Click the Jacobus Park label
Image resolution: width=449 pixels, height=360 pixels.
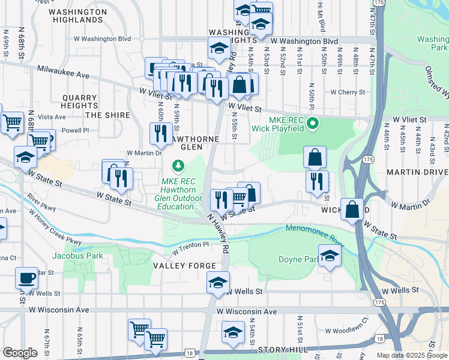(x=77, y=256)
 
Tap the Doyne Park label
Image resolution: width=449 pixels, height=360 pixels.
(x=297, y=260)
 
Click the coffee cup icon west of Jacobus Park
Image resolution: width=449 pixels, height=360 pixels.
(x=26, y=278)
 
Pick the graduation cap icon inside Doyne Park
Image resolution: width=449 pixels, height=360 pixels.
(x=330, y=256)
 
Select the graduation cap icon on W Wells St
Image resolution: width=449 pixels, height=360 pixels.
(x=218, y=282)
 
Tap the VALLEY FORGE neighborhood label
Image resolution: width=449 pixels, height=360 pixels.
(x=184, y=266)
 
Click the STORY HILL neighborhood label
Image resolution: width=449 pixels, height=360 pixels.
(x=282, y=349)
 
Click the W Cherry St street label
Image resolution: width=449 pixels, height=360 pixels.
(x=348, y=92)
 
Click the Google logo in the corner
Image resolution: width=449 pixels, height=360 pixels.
(x=20, y=353)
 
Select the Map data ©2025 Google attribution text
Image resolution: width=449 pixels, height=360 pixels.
(x=411, y=355)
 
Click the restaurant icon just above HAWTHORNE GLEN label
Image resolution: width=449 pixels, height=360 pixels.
(x=160, y=134)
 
